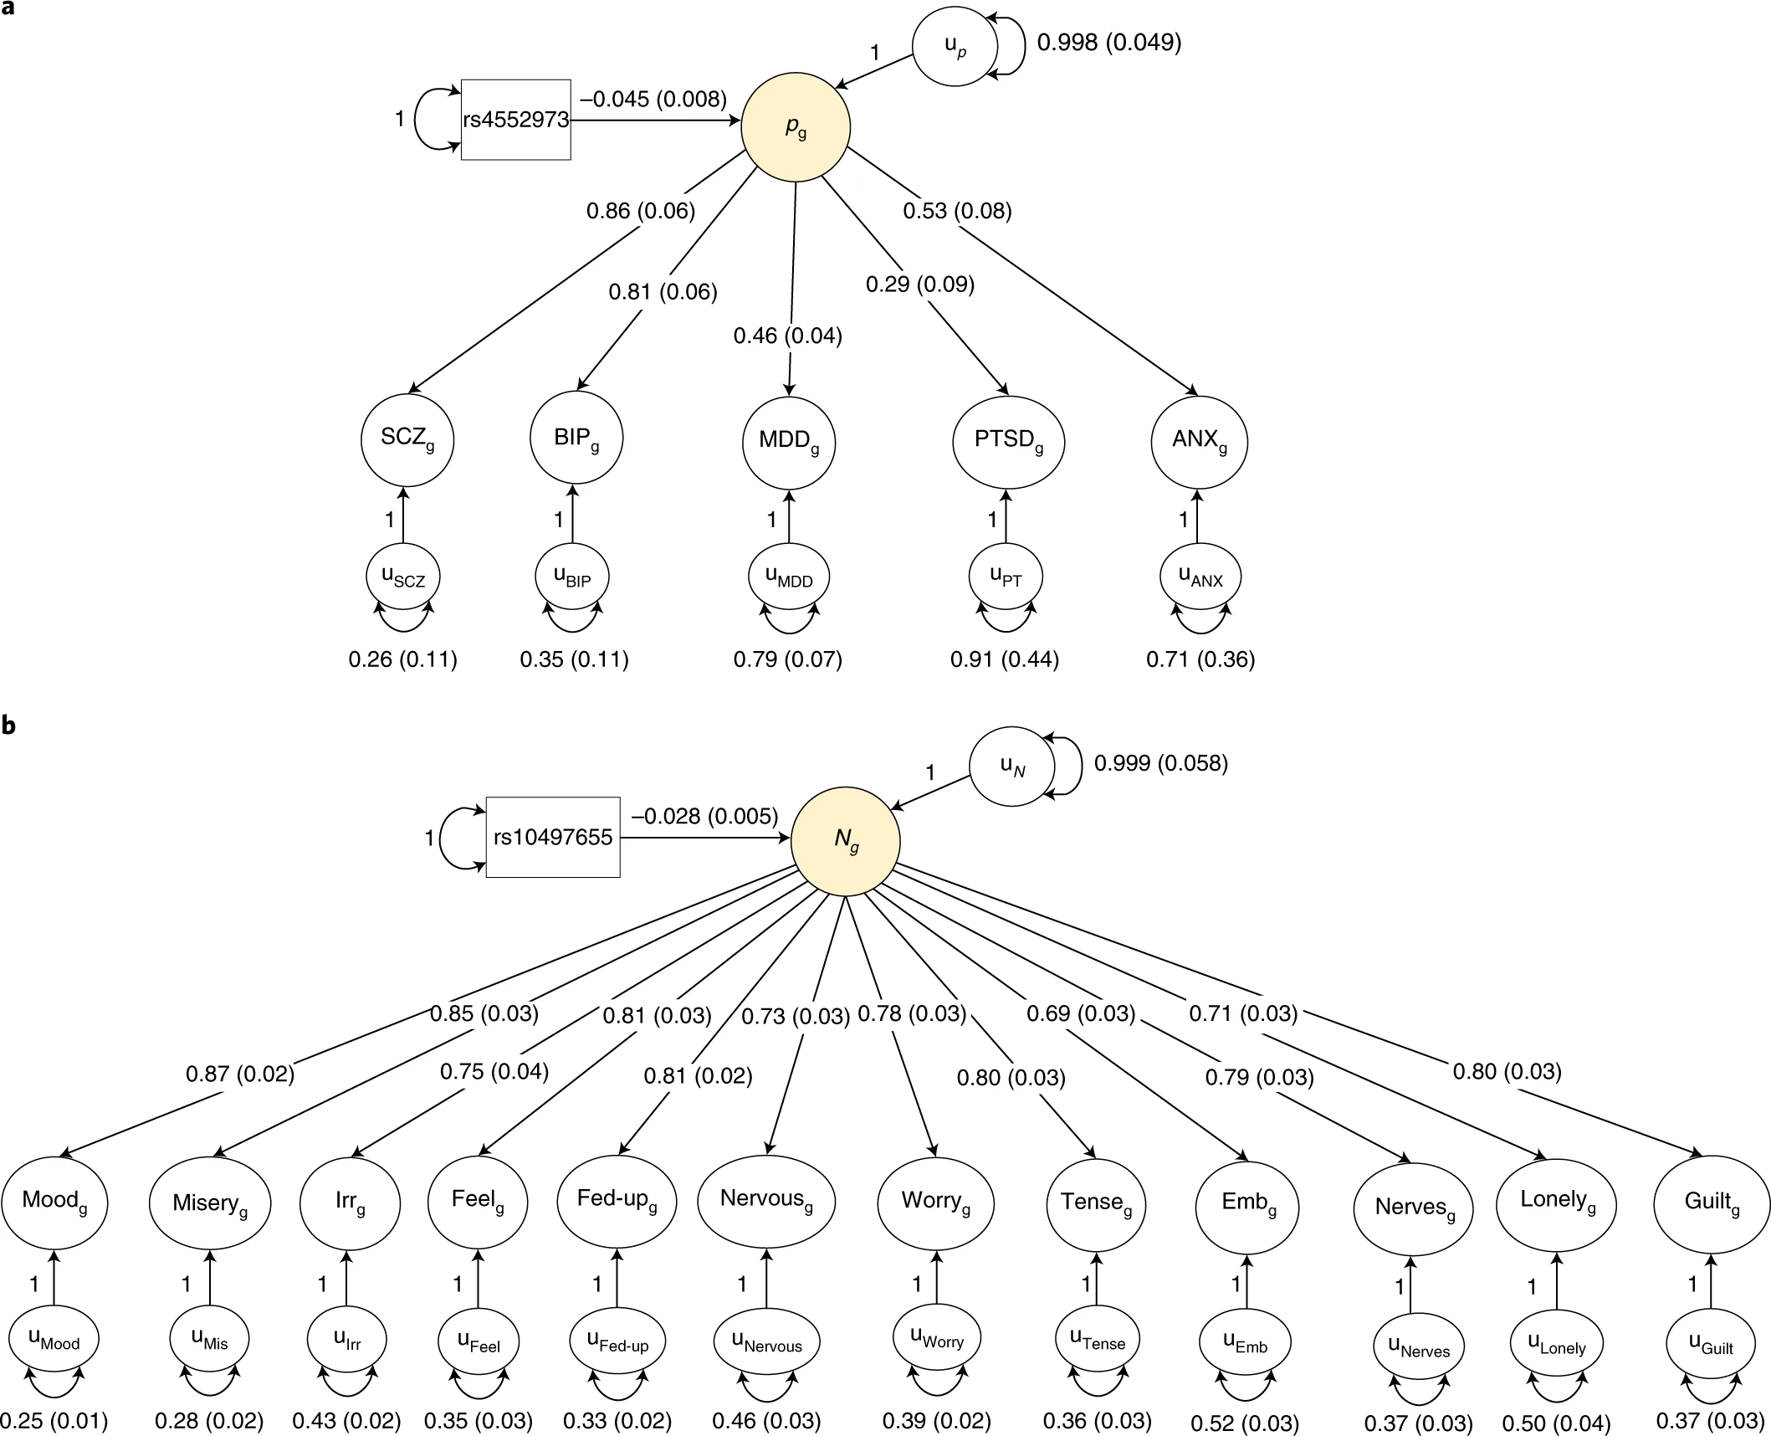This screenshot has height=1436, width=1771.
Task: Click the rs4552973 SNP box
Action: (515, 120)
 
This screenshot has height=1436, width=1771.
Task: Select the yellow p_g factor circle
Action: (796, 127)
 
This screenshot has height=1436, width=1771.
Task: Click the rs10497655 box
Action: (553, 837)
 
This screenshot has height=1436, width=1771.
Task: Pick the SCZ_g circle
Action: (407, 439)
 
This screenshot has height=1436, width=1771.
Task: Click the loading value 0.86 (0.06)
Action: (640, 211)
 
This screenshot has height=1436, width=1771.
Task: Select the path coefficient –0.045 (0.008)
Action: (653, 99)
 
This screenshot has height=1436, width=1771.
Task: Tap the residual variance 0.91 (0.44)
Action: (1004, 659)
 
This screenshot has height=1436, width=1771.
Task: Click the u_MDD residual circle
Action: (789, 577)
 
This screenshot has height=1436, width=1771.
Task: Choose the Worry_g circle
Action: (935, 1202)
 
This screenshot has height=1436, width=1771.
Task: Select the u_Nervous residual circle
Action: (766, 1342)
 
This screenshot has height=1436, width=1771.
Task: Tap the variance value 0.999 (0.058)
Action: (1160, 763)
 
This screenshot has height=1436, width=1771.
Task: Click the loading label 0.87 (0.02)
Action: (239, 1074)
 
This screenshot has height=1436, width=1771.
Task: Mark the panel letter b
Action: (8, 726)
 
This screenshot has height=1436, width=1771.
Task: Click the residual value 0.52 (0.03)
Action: (1244, 1423)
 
